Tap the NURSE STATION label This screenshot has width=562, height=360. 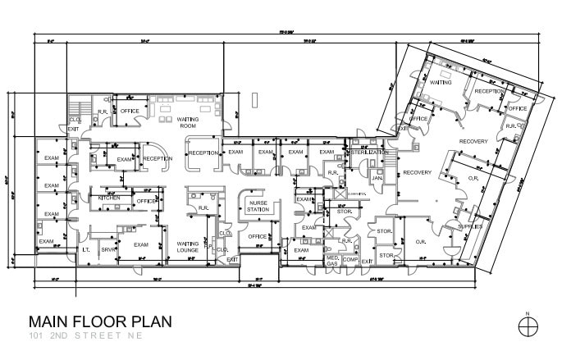[258, 207]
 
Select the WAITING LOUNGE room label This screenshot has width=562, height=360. [189, 247]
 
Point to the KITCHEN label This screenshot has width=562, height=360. [110, 198]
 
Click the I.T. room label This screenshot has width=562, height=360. [86, 249]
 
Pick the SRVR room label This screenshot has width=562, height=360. [107, 249]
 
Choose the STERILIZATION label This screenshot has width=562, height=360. [369, 153]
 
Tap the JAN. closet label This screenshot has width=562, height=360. [377, 177]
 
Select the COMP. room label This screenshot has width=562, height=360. [351, 260]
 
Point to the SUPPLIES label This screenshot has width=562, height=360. [469, 226]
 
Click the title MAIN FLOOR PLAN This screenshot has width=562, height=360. [100, 321]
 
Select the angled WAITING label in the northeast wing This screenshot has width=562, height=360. [441, 83]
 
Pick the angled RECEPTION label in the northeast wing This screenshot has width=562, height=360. [490, 92]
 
